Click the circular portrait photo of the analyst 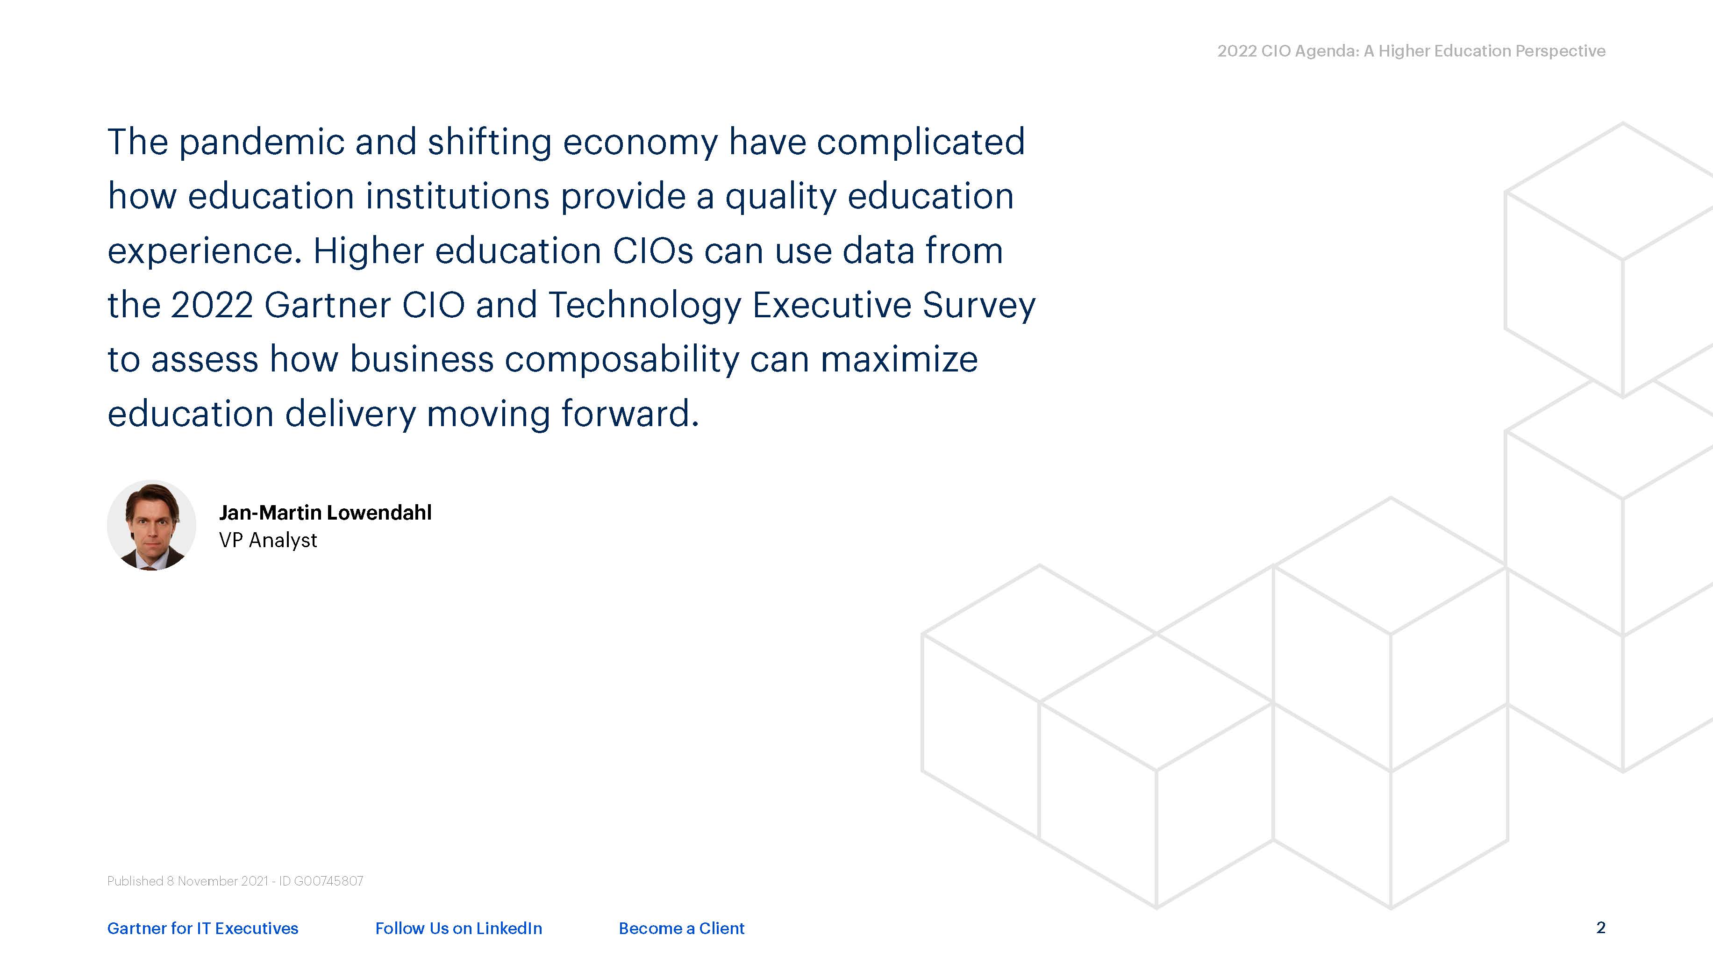[152, 525]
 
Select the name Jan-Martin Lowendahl [325, 513]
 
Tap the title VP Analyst [268, 540]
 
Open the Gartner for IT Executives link [203, 928]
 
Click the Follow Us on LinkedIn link [459, 928]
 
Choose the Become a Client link [682, 928]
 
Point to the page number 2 [1601, 928]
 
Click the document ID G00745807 [328, 881]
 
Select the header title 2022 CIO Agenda [1287, 51]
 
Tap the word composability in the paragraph [622, 359]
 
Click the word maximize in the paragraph [899, 359]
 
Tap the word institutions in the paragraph [457, 196]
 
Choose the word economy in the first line [640, 143]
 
